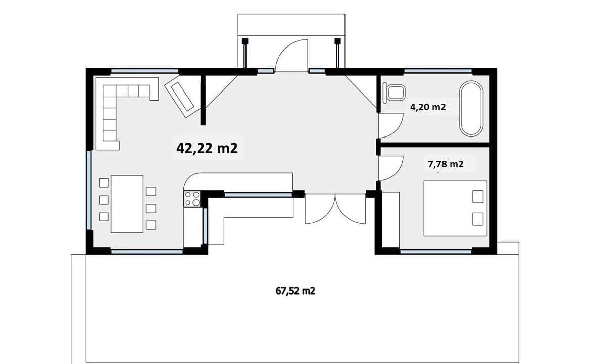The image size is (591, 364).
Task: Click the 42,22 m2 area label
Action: click(207, 148)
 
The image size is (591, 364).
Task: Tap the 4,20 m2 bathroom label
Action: click(428, 107)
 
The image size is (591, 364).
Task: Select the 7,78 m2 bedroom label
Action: click(446, 164)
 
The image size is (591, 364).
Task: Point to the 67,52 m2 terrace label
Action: click(295, 291)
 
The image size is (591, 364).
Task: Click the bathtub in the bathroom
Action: click(471, 109)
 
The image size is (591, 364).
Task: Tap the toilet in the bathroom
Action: click(394, 93)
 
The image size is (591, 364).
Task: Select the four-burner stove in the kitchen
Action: click(192, 199)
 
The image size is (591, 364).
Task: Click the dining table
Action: click(127, 204)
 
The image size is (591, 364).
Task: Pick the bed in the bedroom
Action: click(455, 208)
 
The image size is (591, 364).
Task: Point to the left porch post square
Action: click(245, 41)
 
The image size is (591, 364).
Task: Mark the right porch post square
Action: click(338, 41)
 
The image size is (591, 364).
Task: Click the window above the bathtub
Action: click(437, 71)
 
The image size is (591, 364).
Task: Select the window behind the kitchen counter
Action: click(259, 195)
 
